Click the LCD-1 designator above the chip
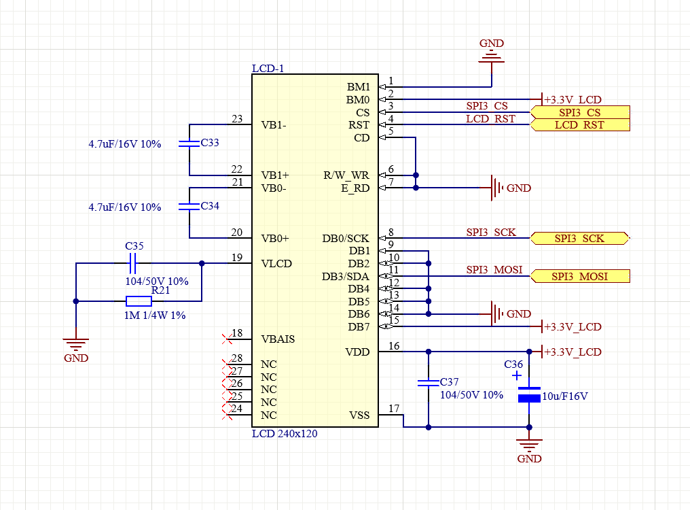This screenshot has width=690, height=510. pyautogui.click(x=268, y=69)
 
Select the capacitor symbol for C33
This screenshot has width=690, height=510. pyautogui.click(x=189, y=143)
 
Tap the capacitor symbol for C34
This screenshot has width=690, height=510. pyautogui.click(x=189, y=206)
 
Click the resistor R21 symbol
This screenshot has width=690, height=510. pyautogui.click(x=139, y=301)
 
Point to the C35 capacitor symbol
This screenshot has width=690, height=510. pyautogui.click(x=134, y=263)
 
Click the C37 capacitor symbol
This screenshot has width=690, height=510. pyautogui.click(x=428, y=383)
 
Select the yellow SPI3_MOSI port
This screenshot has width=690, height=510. pyautogui.click(x=579, y=276)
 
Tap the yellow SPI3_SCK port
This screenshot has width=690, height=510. pyautogui.click(x=579, y=238)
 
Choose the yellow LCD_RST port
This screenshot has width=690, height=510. pyautogui.click(x=579, y=125)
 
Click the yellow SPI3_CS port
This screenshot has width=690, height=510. pyautogui.click(x=579, y=112)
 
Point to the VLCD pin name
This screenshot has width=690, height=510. pyautogui.click(x=276, y=264)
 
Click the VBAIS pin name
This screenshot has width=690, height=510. pyautogui.click(x=278, y=339)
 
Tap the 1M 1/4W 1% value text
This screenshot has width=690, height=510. pyautogui.click(x=156, y=316)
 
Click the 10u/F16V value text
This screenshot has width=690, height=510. pyautogui.click(x=566, y=396)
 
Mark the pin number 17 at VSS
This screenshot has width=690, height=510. pyautogui.click(x=393, y=409)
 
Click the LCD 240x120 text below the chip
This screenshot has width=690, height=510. pyautogui.click(x=285, y=433)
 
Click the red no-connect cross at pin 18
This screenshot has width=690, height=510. pyautogui.click(x=227, y=337)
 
